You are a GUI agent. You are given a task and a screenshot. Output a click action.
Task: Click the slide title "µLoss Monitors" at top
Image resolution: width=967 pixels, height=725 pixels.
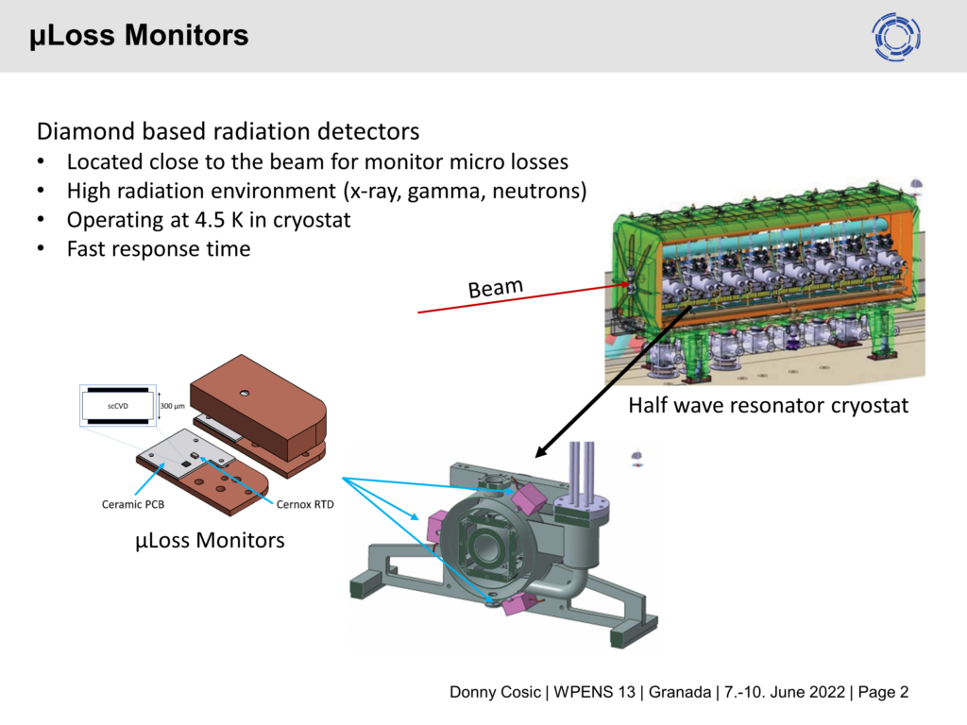pos(139,35)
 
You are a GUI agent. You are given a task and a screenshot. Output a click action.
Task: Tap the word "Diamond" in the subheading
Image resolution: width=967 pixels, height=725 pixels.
pos(86,131)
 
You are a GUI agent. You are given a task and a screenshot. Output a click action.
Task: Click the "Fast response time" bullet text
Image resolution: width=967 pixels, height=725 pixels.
pos(159,249)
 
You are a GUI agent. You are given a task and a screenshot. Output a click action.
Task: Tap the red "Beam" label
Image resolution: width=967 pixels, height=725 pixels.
pos(495,287)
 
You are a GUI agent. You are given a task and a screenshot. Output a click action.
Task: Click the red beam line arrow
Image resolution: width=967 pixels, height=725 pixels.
pos(525,298)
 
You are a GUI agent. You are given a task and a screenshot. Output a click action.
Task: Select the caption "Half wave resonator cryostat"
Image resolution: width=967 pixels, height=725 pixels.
pos(768,405)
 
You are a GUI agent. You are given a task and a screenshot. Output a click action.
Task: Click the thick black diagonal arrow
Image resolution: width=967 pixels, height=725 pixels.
pos(613,381)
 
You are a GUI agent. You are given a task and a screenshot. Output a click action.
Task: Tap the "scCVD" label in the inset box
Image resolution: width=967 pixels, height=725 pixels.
pos(118,406)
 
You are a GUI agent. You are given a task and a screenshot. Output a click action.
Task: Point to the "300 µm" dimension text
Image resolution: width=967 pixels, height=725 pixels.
pos(173,406)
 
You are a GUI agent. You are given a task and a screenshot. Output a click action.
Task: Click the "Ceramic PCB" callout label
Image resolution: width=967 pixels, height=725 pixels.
pos(133,504)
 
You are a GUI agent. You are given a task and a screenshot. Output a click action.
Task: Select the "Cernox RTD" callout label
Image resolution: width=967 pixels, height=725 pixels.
pos(305,504)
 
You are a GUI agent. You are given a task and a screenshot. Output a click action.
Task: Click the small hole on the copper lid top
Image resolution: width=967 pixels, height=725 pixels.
pos(245,392)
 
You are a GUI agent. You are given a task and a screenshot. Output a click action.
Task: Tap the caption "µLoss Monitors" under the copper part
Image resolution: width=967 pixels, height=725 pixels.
pos(210,540)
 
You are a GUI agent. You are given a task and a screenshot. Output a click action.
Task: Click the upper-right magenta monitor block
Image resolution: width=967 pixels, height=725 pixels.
pos(528,498)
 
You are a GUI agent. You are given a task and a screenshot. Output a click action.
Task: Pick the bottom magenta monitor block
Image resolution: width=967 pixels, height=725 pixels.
pos(518,604)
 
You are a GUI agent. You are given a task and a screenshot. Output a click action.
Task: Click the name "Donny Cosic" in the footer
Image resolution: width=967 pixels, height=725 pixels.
pos(495,692)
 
